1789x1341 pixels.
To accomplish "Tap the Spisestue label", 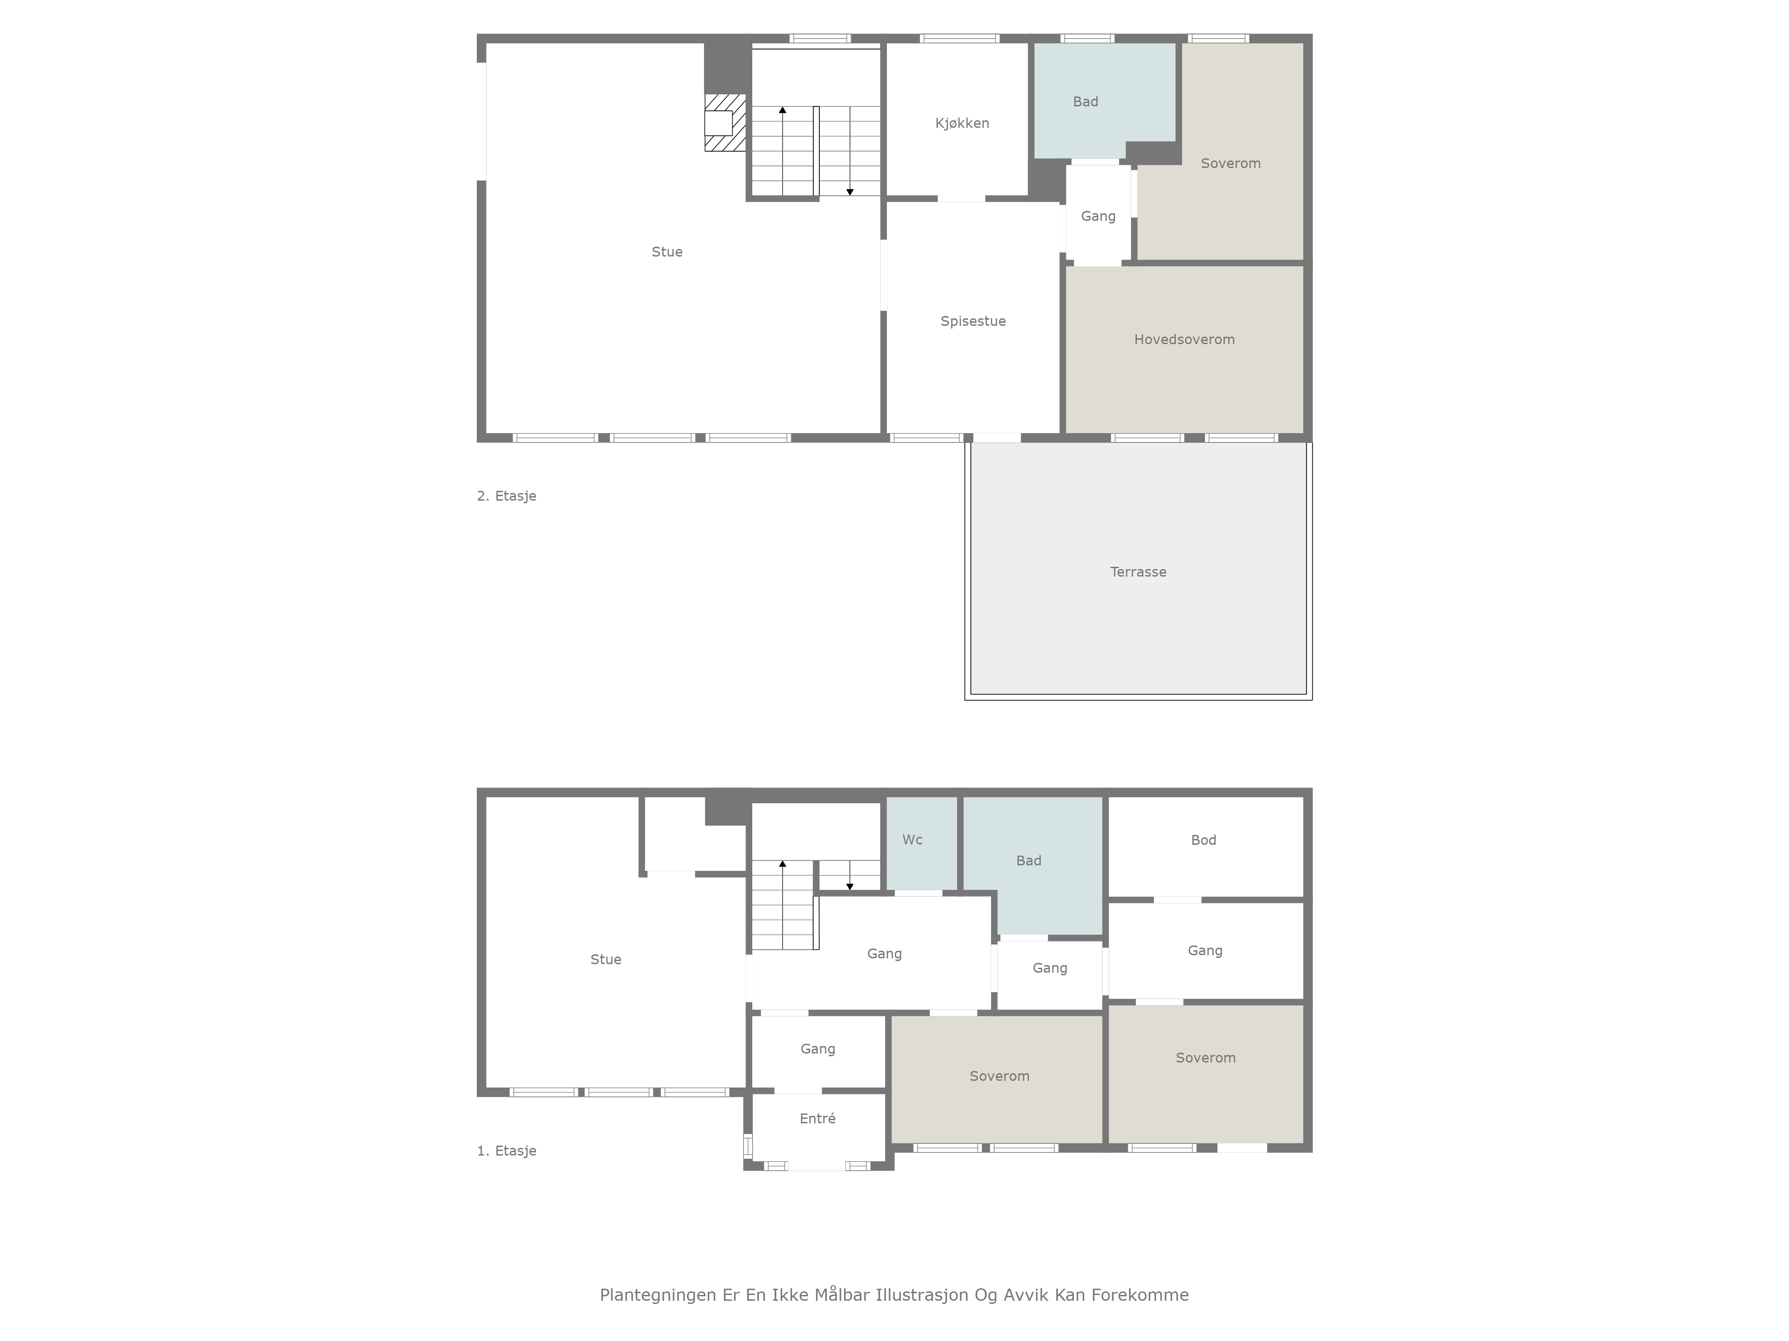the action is tap(973, 321).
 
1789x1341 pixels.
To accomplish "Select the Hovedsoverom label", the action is tap(1184, 339).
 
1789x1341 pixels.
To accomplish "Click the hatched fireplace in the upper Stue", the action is tap(725, 123).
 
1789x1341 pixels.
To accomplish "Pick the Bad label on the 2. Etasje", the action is tap(1085, 102).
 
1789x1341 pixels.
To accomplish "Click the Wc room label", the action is tap(912, 840).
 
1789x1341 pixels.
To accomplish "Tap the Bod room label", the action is tap(1204, 840).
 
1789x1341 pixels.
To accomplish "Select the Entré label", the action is tap(818, 1119).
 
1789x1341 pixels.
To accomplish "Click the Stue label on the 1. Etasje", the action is tap(606, 959).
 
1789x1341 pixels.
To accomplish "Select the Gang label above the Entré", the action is tap(818, 1049).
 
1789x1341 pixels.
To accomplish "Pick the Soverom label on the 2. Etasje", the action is tap(1230, 163).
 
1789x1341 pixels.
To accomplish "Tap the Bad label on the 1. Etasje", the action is tap(1029, 861).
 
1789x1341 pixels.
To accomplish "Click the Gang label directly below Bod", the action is tap(1205, 951).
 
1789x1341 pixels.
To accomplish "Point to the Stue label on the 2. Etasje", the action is tap(667, 252).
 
